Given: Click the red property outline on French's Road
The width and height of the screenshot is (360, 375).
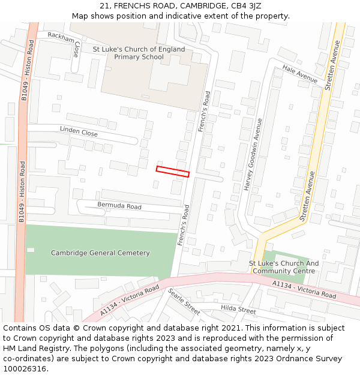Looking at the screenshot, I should click(173, 171).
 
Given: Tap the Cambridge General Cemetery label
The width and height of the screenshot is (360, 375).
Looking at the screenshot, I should click(100, 253).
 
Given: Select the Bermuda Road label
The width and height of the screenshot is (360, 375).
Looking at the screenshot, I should click(119, 206).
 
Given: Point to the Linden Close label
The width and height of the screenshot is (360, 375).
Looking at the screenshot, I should click(79, 131).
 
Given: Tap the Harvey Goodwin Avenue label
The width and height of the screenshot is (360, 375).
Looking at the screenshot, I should click(253, 154).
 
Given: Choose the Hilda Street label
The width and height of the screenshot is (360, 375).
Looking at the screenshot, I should click(238, 310).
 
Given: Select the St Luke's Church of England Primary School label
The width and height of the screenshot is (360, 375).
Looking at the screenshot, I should click(139, 53).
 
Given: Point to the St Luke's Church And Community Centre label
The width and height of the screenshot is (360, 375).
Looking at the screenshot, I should click(284, 267).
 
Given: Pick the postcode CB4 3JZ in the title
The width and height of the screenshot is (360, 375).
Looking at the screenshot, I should click(245, 6).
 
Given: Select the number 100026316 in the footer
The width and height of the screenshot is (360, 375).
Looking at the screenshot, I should click(24, 369).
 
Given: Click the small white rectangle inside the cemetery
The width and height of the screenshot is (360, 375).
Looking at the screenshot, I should click(31, 250).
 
